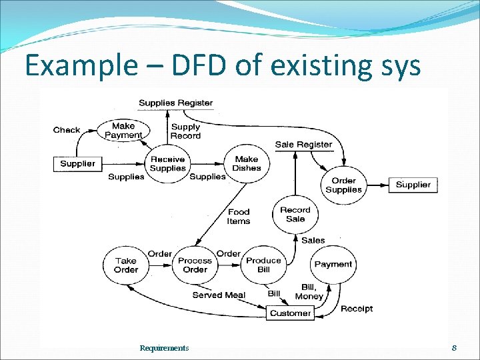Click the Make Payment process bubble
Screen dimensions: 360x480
123,130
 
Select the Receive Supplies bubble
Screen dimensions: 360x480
168,163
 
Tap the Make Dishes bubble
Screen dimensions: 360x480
247,163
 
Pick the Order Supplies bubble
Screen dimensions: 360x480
344,185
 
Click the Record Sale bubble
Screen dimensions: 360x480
295,214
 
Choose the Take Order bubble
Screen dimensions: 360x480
126,265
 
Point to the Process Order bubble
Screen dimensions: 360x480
195,265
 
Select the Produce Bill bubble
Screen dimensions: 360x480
264,265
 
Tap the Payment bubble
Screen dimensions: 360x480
333,265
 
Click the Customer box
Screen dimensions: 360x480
290,313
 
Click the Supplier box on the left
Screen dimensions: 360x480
77,163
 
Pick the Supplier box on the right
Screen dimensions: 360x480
413,185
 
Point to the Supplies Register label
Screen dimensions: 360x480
175,103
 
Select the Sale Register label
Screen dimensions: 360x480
303,144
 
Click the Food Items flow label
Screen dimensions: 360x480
239,217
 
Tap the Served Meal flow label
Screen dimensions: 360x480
219,295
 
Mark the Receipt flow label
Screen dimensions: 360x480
357,309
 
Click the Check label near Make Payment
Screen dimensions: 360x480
67,130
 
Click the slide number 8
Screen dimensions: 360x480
454,347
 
